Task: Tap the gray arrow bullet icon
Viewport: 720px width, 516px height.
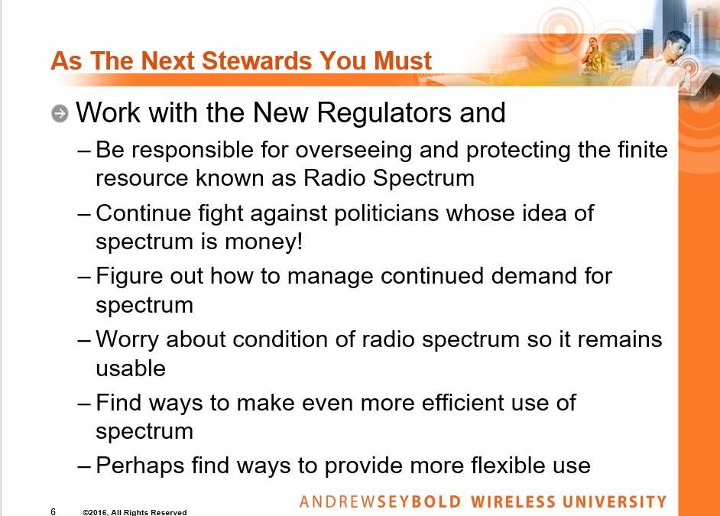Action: (60, 113)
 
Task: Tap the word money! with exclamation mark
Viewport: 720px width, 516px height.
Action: (264, 242)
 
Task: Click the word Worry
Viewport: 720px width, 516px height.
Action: (128, 339)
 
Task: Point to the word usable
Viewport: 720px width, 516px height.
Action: (131, 368)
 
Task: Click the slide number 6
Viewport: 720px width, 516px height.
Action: (54, 511)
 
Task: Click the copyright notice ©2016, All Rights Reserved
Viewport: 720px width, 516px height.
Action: (135, 512)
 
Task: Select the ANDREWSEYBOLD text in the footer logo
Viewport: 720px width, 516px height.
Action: (380, 502)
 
